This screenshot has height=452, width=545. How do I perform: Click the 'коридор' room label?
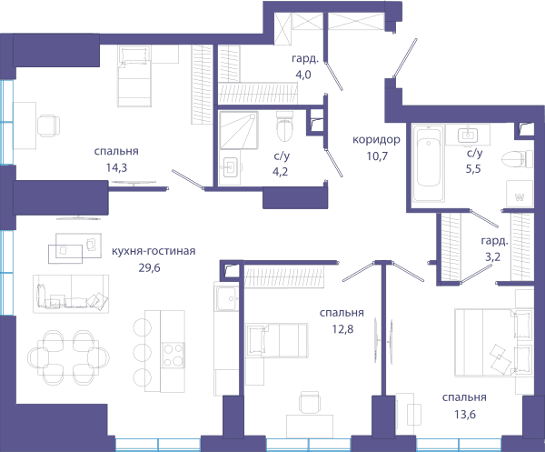coord(376,140)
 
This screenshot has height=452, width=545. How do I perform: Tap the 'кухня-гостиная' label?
coord(154,251)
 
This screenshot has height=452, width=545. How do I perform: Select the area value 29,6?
coord(150,268)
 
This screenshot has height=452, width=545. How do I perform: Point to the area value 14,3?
coord(116,168)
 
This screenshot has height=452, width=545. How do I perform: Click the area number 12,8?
coord(342,329)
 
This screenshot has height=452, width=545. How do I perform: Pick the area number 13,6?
coord(465,415)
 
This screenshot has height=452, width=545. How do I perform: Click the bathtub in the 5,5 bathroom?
coord(429,163)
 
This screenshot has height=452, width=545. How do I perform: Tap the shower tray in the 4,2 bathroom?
coord(239,130)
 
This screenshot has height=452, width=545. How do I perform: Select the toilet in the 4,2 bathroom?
coord(284,126)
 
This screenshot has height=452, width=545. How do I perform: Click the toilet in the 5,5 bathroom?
coord(518,159)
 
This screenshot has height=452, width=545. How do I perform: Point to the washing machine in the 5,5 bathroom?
coord(520,194)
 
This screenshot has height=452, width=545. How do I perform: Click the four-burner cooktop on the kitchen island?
coord(173,356)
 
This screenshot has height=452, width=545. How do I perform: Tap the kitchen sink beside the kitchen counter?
coord(227,298)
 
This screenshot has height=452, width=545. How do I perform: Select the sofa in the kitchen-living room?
coord(71,294)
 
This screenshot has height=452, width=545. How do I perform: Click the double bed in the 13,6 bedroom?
coord(493,343)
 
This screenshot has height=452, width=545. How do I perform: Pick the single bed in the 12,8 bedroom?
coord(277,341)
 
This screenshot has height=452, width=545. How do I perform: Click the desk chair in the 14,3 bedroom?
coord(49,126)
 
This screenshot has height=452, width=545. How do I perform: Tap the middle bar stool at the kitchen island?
coord(143,353)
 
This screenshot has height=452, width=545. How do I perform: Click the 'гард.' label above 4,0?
coord(305,59)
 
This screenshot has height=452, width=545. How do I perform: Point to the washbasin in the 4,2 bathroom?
coord(230,167)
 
